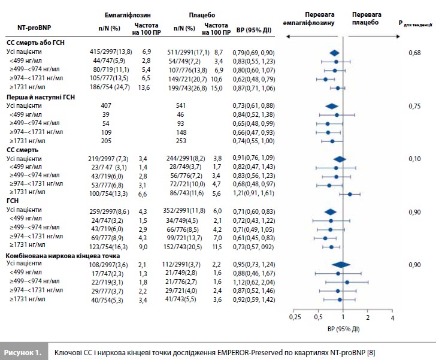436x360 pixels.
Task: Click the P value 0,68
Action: pyautogui.click(x=413, y=53)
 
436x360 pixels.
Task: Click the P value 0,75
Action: pyautogui.click(x=413, y=105)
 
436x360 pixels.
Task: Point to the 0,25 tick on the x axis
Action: pyautogui.click(x=294, y=316)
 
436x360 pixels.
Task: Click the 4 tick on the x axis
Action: pyautogui.click(x=392, y=316)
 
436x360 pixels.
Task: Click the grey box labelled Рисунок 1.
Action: pyautogui.click(x=22, y=348)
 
